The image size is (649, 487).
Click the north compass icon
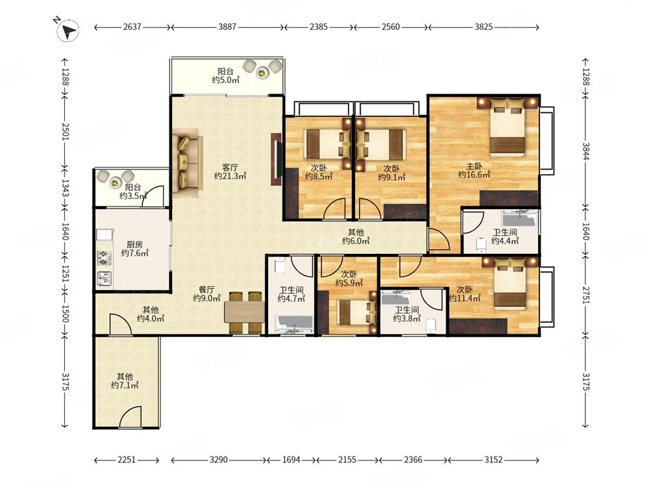click(x=68, y=31)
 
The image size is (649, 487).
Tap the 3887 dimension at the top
click(x=227, y=27)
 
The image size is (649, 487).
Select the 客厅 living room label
click(x=230, y=168)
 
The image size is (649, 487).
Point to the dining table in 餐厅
click(x=244, y=312)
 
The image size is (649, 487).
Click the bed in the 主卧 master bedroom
click(x=508, y=127)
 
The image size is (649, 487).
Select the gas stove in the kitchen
click(x=104, y=258)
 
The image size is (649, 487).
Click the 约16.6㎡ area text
click(x=474, y=175)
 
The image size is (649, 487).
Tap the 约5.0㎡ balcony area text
click(x=226, y=80)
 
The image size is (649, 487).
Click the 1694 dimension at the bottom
click(x=292, y=460)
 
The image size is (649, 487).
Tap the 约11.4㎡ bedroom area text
click(x=465, y=298)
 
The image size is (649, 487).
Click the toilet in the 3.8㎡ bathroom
click(x=431, y=325)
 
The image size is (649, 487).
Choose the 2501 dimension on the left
click(x=64, y=131)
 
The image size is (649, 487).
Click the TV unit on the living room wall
click(x=276, y=159)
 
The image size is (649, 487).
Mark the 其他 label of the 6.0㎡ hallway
click(x=356, y=232)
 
